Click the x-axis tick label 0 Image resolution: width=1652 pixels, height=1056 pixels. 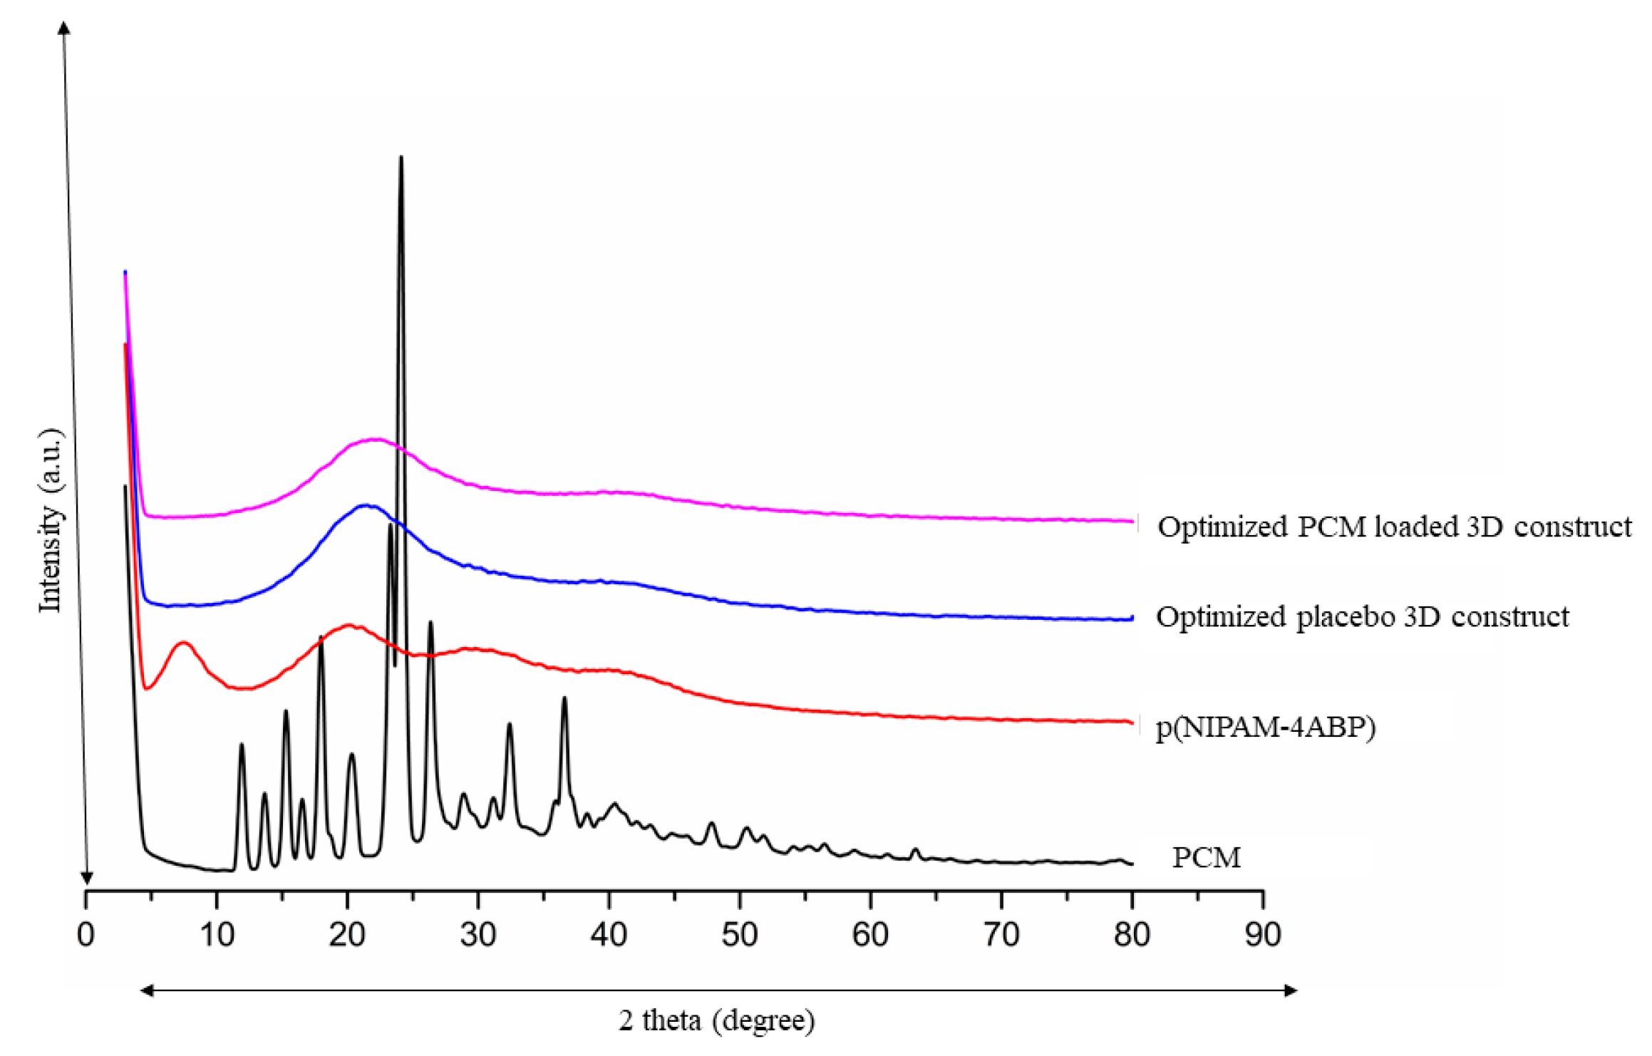86,934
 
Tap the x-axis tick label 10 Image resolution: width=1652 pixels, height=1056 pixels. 217,934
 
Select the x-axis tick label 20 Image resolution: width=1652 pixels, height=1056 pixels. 347,934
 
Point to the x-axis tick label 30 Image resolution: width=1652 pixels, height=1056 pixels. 478,934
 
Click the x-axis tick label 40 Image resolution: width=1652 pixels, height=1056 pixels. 609,934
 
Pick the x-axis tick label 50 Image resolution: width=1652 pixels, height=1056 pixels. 740,934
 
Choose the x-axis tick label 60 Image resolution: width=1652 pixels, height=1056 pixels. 870,934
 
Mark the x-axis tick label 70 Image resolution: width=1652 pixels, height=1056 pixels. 1001,934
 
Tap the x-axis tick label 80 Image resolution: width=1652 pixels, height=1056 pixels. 1132,934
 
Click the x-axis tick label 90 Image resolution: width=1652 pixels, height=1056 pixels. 1263,934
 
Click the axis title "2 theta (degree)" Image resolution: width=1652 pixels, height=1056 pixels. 716,1021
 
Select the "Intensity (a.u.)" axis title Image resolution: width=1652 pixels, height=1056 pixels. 51,520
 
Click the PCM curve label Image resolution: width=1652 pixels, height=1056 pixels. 1206,857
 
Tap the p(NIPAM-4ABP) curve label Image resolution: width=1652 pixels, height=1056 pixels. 1265,728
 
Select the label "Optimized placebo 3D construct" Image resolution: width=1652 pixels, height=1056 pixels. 1362,616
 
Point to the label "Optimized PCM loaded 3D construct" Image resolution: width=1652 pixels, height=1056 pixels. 1394,527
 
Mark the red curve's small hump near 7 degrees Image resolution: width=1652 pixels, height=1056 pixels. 184,643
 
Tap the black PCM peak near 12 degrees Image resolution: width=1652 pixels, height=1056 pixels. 242,745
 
